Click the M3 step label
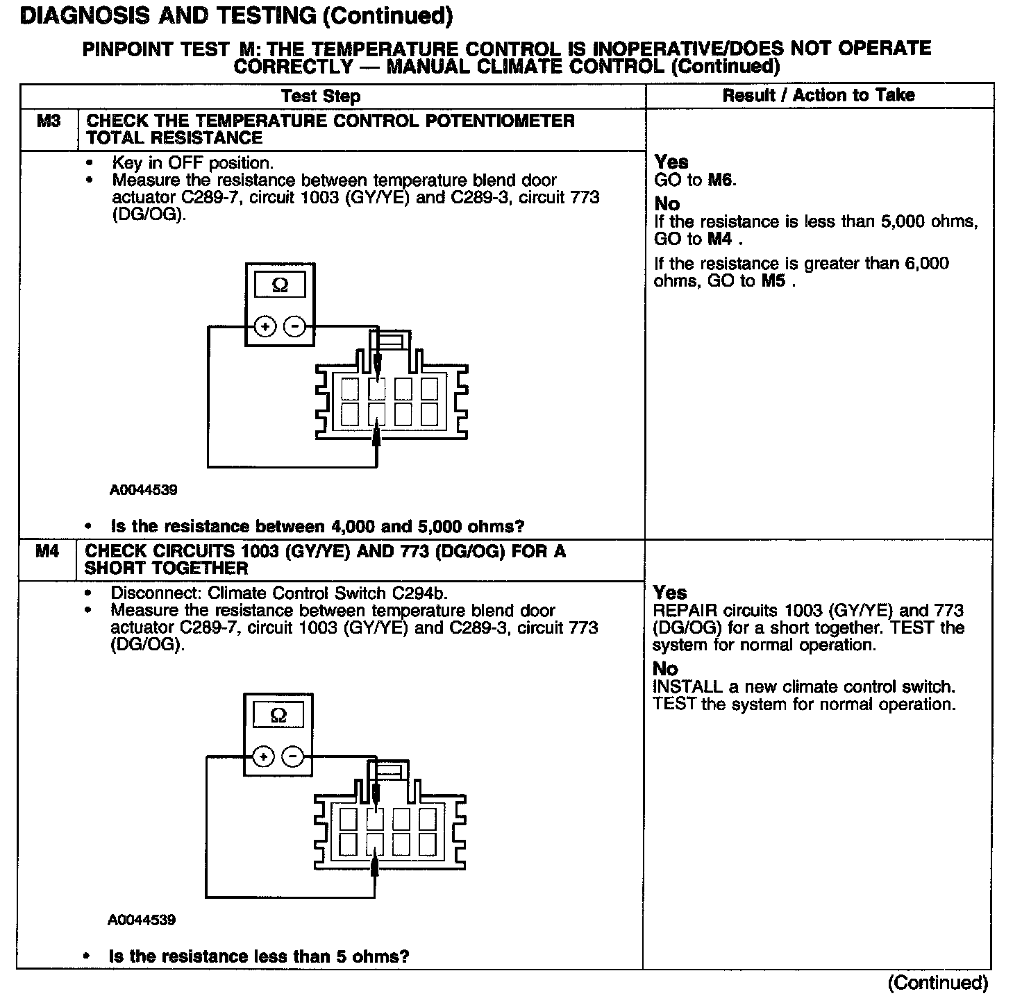point(49,121)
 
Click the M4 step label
point(47,552)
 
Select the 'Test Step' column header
point(320,96)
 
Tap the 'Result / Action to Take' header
point(819,95)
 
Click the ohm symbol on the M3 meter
point(280,285)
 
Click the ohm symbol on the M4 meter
point(278,716)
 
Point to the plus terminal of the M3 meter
point(265,326)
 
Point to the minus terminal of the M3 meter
point(295,326)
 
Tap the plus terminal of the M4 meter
point(264,757)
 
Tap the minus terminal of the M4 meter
point(294,757)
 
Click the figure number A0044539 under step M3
point(143,490)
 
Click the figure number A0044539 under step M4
point(142,920)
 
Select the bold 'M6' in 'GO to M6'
point(721,180)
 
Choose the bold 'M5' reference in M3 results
point(774,281)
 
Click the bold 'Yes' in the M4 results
point(670,593)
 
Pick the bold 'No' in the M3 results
point(667,204)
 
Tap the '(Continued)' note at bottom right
point(937,983)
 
